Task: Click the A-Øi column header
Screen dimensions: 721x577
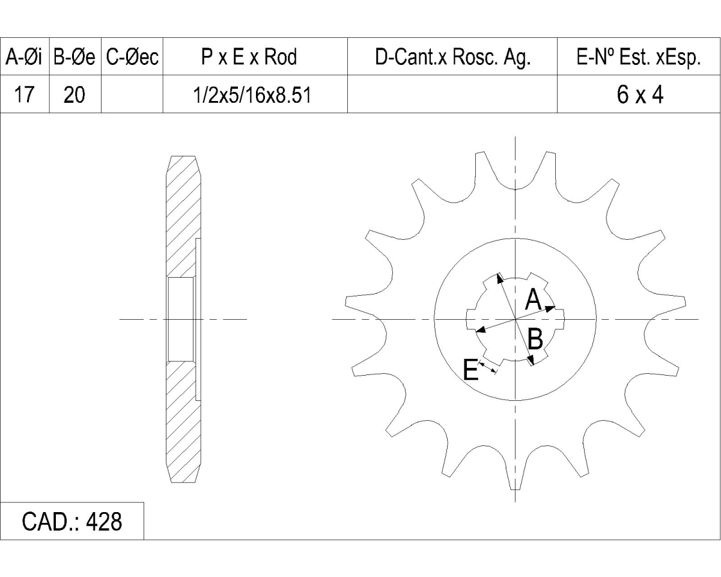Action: (24, 56)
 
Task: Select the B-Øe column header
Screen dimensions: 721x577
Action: (75, 56)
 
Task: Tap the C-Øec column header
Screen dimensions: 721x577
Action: (132, 56)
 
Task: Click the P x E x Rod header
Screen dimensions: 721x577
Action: (249, 56)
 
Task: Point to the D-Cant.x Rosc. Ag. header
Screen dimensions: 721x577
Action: (453, 58)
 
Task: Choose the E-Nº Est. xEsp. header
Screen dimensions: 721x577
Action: (639, 58)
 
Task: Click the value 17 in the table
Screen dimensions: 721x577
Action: (24, 94)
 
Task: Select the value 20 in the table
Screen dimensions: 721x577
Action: (74, 94)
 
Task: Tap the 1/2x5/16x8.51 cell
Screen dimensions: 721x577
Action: (252, 95)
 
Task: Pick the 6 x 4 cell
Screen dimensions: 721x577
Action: (640, 94)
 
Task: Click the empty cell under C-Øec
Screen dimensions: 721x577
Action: (132, 94)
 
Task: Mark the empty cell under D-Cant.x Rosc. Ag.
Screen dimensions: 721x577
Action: (452, 94)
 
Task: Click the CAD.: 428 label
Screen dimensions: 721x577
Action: (72, 522)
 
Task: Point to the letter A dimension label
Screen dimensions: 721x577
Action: (533, 299)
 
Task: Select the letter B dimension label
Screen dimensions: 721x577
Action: (535, 339)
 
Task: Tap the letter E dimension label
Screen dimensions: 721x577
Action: (470, 369)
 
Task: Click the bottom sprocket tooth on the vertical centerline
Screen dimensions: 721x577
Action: (515, 476)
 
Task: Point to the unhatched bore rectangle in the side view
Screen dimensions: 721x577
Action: (181, 319)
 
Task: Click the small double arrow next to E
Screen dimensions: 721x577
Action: (488, 367)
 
